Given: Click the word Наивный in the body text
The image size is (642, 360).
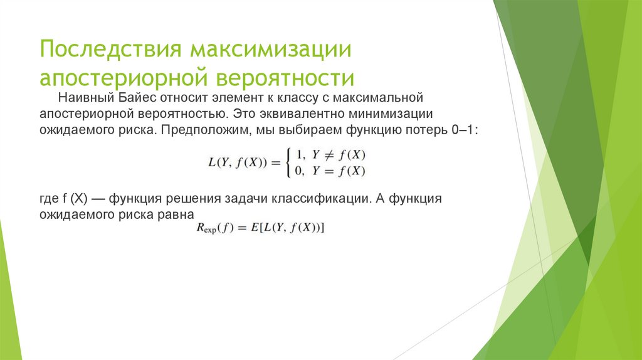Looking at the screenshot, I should point(82,98).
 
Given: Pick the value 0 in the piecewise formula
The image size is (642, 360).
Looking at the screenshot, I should point(299,170).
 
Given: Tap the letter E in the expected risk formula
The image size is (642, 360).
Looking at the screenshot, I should point(254,229).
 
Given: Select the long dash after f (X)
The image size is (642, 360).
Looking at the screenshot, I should point(98,199).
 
